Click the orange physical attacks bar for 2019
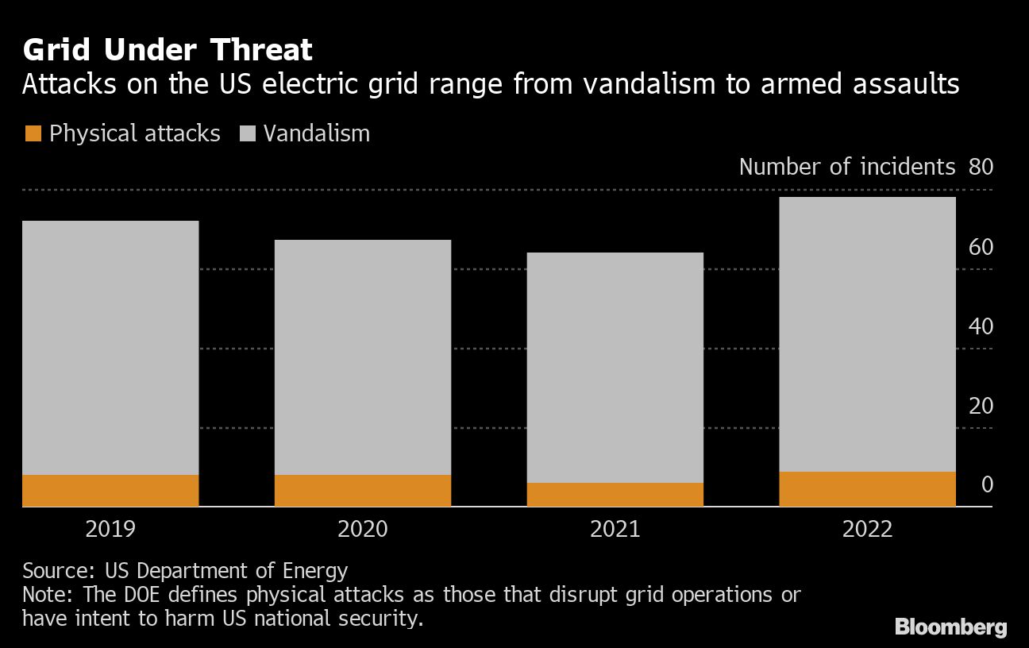pos(110,490)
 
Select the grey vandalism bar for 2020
pos(363,357)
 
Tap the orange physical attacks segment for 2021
pos(615,494)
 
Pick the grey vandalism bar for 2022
pos(867,334)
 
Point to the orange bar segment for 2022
pos(867,488)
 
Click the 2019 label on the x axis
pos(110,529)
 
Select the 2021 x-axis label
pos(615,529)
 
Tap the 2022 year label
pos(867,529)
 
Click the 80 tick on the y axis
pos(981,167)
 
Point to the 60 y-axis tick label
pos(981,247)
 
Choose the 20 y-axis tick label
pos(981,406)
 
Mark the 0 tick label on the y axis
pos(987,484)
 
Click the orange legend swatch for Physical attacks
pos(32,133)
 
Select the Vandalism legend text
pos(316,133)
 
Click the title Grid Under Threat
pos(168,51)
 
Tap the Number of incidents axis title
pos(846,167)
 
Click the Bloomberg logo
pos(950,627)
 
